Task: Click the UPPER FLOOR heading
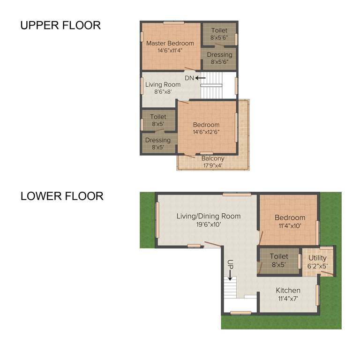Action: point(60,25)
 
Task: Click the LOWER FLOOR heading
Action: point(62,196)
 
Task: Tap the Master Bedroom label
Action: point(170,43)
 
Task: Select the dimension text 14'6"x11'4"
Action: point(170,51)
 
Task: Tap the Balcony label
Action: point(213,158)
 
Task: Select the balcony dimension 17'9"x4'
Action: point(213,165)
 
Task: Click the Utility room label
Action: point(317,258)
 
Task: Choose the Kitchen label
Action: point(288,291)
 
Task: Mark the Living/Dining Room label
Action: point(209,216)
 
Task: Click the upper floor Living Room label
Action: point(163,85)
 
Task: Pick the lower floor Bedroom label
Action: point(290,217)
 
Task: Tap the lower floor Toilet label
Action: point(279,256)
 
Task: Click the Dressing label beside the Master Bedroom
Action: point(219,55)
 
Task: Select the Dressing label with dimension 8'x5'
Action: point(158,140)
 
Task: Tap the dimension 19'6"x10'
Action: point(209,224)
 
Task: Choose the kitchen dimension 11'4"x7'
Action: point(288,299)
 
